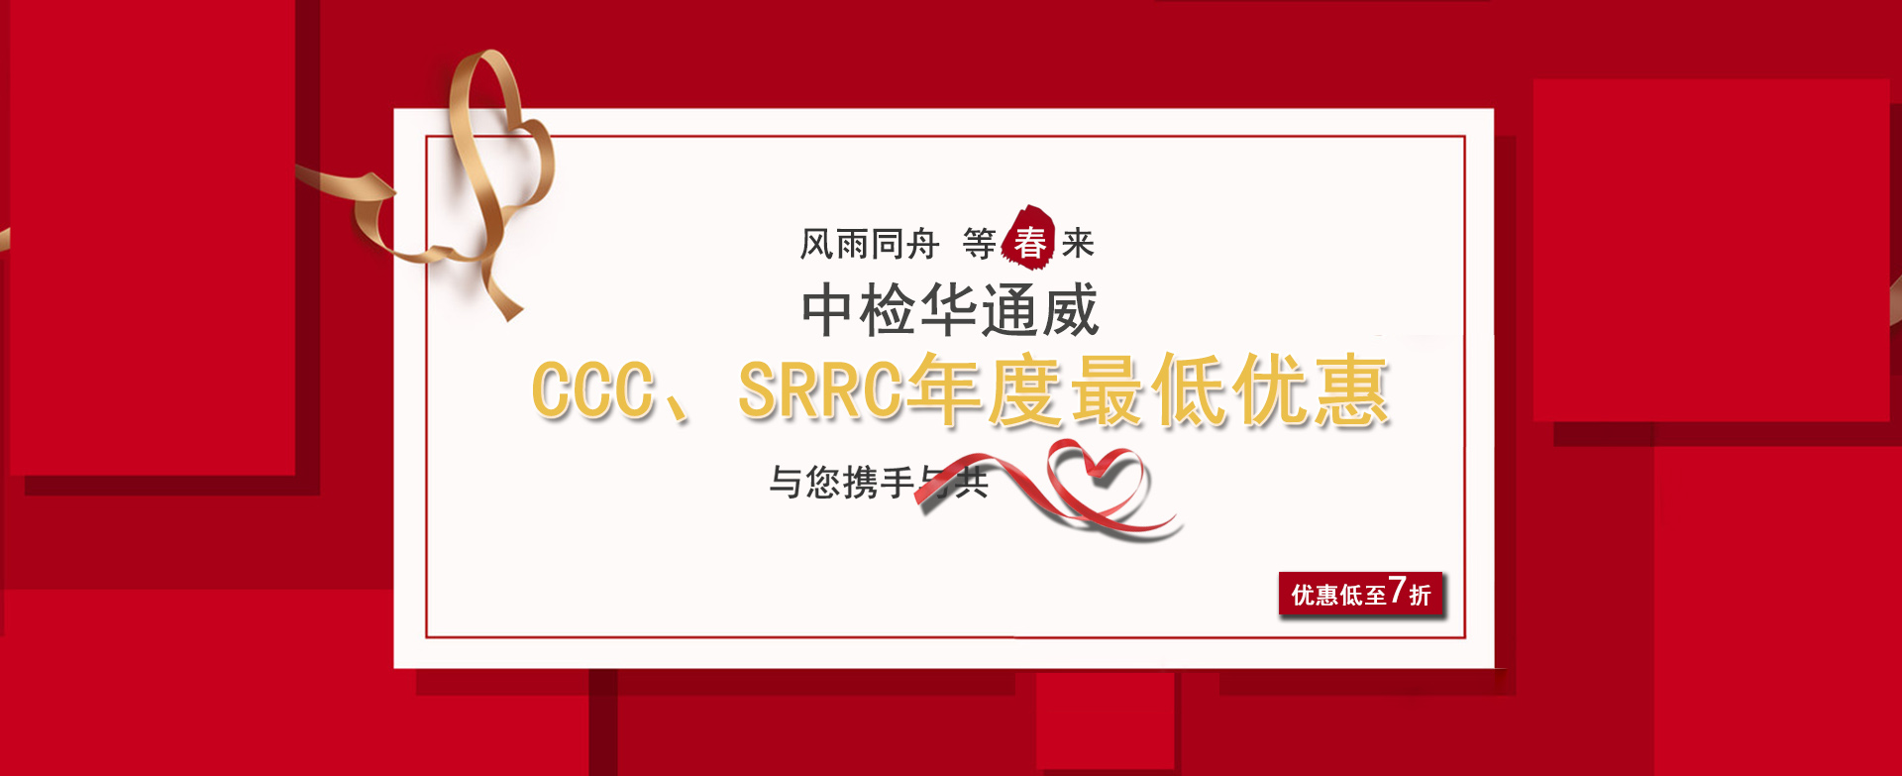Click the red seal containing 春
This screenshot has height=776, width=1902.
1028,239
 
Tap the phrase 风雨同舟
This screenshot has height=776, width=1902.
869,244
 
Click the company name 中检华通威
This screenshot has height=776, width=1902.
949,310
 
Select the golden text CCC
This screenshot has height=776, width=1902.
592,389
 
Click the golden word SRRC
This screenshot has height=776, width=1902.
820,389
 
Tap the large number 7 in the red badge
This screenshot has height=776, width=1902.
1397,591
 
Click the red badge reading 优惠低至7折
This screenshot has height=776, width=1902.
1360,594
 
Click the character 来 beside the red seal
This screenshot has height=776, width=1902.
1078,244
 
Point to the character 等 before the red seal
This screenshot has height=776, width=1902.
979,244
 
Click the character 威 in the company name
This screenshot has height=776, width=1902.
1071,310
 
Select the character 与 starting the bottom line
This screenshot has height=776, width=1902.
786,483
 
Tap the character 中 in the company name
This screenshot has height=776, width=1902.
827,310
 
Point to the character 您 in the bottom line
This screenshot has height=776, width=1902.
822,483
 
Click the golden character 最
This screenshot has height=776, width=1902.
1109,391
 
